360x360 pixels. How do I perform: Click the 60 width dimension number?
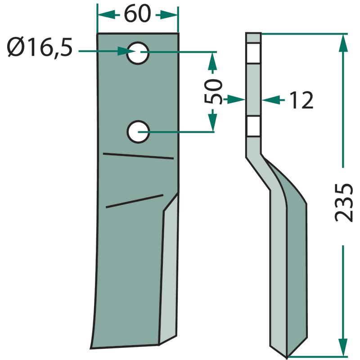(137, 14)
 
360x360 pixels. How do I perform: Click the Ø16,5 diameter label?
(40, 48)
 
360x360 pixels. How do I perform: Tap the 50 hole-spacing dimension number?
(213, 92)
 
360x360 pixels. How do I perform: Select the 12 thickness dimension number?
(301, 100)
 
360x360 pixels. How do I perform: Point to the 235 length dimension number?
(343, 202)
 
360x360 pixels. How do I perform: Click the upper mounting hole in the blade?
(138, 53)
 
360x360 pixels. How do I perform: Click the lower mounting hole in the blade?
(138, 132)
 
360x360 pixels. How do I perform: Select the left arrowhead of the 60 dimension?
(106, 15)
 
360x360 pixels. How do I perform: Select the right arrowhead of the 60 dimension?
(169, 15)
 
